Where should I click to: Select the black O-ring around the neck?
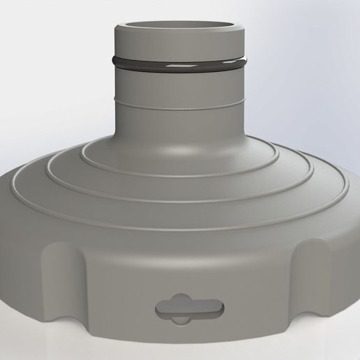click(x=181, y=67)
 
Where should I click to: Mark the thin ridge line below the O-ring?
click(x=181, y=103)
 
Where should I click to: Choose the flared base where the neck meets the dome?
click(x=181, y=126)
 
